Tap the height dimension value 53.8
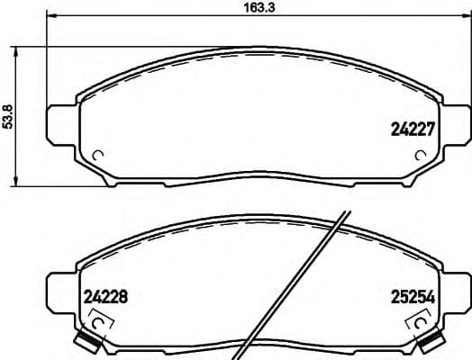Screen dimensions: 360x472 coord(8,116)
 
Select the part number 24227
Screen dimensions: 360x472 coord(413,128)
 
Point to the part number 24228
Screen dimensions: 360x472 coord(107,293)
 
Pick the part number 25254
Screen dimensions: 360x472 coord(412,293)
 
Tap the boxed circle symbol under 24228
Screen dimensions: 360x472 coord(99,319)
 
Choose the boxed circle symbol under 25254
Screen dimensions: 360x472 coord(419,319)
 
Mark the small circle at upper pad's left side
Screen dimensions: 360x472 coord(99,153)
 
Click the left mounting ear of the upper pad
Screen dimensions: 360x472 coord(61,123)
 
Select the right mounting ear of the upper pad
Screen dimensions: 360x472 coord(457,123)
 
